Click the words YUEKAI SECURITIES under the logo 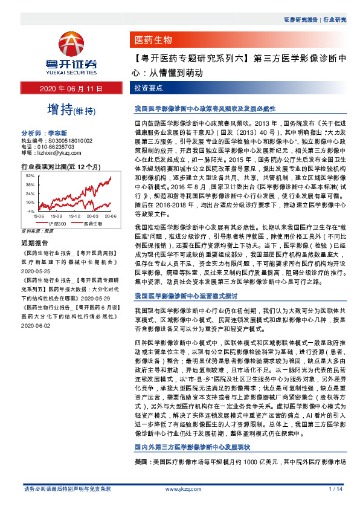[72, 68]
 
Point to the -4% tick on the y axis [30, 212]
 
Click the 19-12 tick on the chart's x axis [74, 216]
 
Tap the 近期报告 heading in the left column [35, 243]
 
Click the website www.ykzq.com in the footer [178, 488]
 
